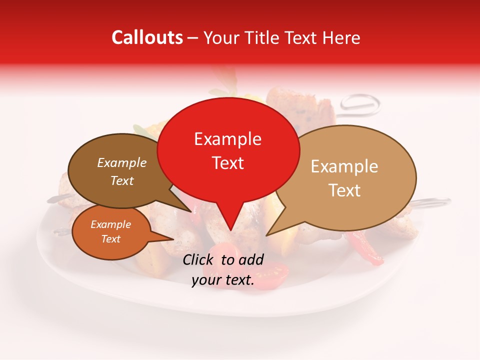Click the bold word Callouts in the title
147,37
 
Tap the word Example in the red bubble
227,139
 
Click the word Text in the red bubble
227,162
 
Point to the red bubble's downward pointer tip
230,230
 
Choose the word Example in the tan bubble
344,166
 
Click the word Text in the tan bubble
344,190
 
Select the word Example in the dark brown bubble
121,162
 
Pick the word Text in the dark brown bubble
121,180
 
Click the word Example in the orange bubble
110,224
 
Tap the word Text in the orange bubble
110,239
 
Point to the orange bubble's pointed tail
173,239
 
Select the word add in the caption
251,259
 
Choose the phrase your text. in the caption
223,280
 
